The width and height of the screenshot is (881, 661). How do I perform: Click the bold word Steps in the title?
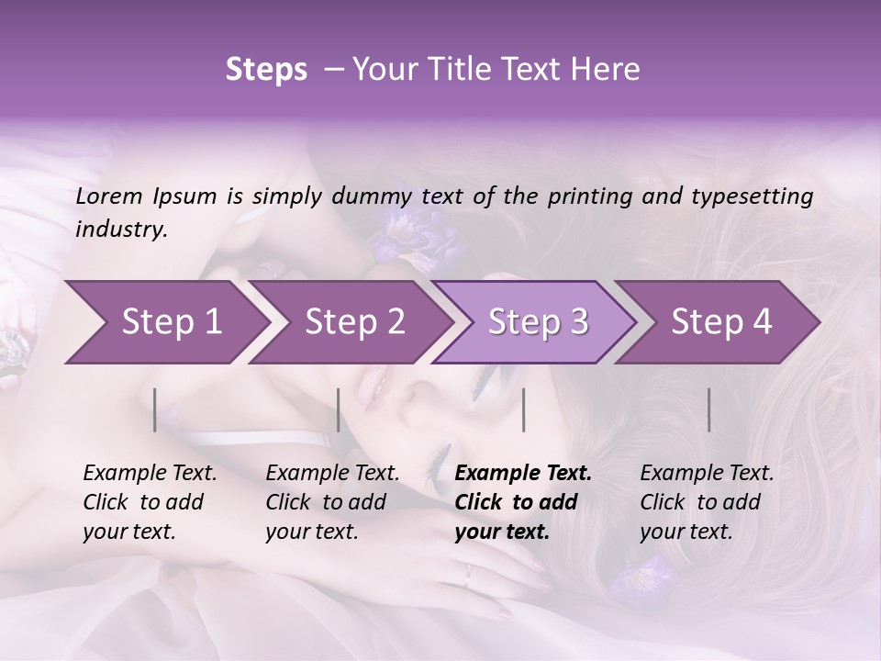266,70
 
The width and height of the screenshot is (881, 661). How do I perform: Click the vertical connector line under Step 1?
155,409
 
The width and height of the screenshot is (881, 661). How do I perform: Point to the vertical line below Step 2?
339,409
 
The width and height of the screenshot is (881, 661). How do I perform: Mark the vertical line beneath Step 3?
524,409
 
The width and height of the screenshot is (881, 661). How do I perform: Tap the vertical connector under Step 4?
709,409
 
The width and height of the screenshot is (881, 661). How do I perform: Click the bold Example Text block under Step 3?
522,502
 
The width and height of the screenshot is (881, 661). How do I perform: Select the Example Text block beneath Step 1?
150,502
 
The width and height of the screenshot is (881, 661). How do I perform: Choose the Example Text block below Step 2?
332,502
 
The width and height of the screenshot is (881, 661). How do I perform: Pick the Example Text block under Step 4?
707,502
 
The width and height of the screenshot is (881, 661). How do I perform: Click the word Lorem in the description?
109,196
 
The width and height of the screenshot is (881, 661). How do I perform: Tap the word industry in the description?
120,229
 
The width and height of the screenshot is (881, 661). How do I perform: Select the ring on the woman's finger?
469,576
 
